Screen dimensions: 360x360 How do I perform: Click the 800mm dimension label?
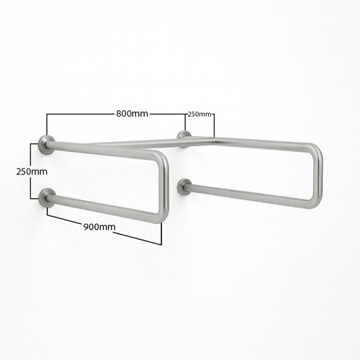pos(132,114)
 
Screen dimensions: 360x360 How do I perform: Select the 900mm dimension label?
pos(99,227)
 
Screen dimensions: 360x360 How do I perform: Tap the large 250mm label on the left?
pos(30,172)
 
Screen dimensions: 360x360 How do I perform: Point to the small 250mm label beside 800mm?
pos(199,114)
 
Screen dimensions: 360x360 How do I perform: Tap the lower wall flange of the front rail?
pos(48,197)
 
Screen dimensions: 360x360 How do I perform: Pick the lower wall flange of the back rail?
pos(184,187)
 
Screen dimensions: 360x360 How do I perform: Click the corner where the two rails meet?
pos(215,139)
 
